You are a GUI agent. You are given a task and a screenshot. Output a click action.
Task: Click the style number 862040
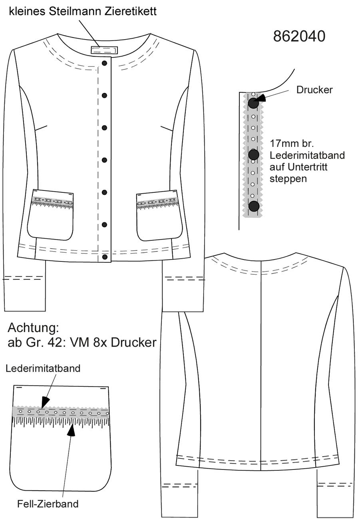(299, 36)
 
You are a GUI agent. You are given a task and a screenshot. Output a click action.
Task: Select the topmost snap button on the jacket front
(104, 63)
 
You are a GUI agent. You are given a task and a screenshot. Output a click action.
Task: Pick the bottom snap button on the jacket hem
(105, 257)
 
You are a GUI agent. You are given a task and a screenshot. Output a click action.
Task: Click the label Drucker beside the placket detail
(314, 90)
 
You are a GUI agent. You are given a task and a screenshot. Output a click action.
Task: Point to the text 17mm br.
(292, 144)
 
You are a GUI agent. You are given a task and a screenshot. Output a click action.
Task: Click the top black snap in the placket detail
(253, 103)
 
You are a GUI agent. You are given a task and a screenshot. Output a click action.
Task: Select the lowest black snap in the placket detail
(254, 206)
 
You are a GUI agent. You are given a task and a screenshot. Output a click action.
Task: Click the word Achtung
(34, 328)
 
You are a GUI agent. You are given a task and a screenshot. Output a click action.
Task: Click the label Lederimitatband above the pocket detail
(43, 368)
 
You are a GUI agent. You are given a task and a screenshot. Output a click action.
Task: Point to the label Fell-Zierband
(48, 503)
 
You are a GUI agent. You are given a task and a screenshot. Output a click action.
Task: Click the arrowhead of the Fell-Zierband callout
(72, 431)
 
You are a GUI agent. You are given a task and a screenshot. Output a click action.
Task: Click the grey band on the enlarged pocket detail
(60, 413)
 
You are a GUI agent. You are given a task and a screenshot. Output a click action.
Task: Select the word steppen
(288, 179)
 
